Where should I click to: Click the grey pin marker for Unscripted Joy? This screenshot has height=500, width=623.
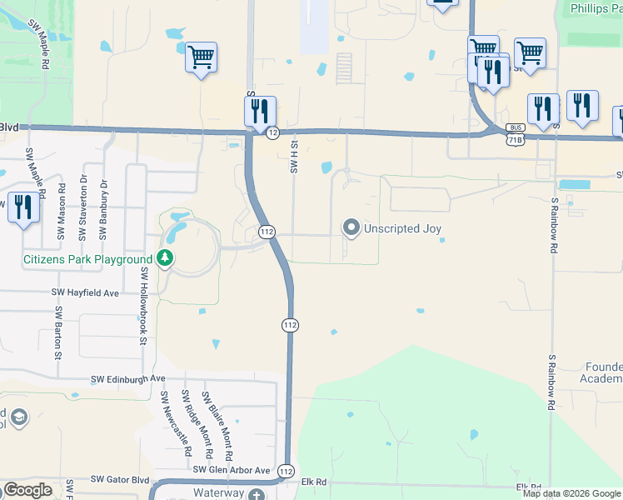(x=351, y=227)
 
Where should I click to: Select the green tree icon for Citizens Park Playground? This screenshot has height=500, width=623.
(x=165, y=259)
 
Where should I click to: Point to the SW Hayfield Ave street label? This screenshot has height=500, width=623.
(x=86, y=293)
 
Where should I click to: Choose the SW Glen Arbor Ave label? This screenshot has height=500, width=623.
(x=232, y=471)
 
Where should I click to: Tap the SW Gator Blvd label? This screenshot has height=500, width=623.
(x=120, y=479)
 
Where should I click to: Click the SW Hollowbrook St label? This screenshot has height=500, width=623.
(x=144, y=305)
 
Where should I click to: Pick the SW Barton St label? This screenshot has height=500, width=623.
(x=58, y=332)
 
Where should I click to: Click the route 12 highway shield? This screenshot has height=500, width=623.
(x=272, y=132)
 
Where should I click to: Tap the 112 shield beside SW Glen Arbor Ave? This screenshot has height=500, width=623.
(x=285, y=471)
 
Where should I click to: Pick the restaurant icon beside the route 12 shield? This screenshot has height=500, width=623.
(x=260, y=110)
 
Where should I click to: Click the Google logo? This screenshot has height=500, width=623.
(x=28, y=490)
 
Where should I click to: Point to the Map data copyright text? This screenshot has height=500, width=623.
(x=571, y=493)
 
